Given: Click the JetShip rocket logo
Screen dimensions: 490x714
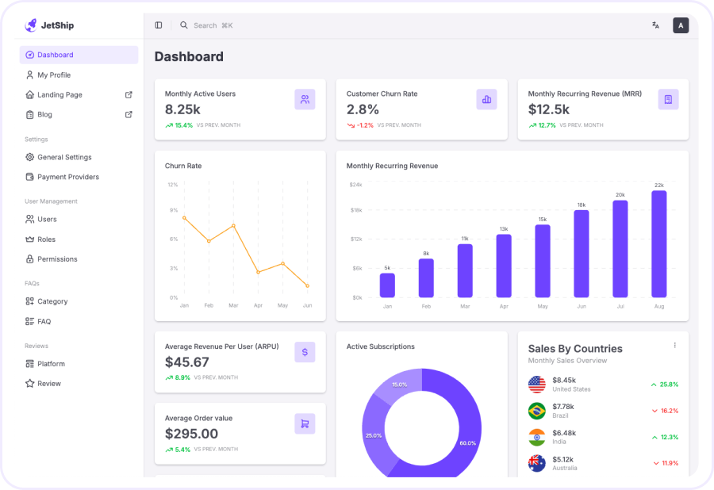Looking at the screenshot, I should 31,25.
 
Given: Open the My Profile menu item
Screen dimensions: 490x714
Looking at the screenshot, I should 54,75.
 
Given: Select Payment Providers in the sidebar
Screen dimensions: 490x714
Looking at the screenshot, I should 67,177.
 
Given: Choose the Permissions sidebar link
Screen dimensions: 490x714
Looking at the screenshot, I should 57,259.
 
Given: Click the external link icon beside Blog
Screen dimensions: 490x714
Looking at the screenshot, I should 129,114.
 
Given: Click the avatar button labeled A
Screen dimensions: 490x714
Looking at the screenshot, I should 681,25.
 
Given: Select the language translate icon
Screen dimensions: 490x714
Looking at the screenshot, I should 655,25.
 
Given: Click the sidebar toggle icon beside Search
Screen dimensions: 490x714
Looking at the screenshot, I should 159,25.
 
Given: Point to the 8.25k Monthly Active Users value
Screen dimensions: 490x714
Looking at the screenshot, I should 182,109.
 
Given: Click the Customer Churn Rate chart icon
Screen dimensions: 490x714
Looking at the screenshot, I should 486,99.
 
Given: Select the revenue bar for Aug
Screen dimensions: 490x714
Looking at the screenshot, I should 658,243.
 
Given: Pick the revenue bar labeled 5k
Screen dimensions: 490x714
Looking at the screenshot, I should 387,285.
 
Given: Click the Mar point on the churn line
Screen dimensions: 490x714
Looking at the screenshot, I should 233,226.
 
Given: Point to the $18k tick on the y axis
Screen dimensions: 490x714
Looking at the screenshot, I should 356,210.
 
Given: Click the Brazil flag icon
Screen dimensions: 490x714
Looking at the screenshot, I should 537,411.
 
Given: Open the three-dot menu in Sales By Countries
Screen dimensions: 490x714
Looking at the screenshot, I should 675,345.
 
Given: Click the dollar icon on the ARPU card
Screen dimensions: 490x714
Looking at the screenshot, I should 305,352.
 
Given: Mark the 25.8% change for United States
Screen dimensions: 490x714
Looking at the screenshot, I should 665,385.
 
